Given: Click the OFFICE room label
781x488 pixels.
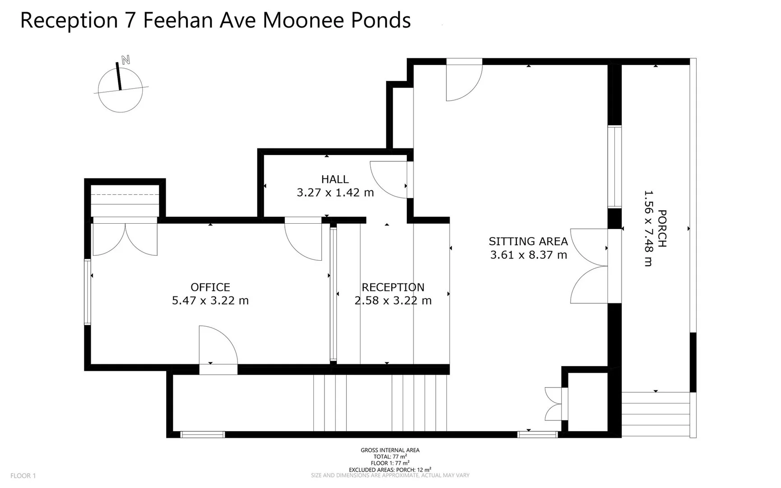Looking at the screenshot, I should pos(210,287).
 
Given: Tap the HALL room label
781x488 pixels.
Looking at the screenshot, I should pos(335,179).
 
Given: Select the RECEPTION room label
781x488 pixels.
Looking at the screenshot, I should pos(393,287).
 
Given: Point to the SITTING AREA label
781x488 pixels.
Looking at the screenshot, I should pos(528,241).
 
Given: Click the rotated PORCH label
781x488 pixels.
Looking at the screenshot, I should pos(662,229).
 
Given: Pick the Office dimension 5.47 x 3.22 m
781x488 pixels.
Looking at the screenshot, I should pos(210,300).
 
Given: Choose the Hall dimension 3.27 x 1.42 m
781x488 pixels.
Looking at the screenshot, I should pos(335,192).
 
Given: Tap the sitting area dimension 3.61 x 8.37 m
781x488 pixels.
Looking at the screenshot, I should pos(528,255).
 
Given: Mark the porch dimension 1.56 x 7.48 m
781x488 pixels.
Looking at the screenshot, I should pos(648,229).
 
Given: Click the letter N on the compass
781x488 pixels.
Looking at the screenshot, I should pos(126,60).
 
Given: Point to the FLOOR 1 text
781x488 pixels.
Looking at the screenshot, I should pos(23,476).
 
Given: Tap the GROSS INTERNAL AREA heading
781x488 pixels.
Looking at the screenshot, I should pos(390,450).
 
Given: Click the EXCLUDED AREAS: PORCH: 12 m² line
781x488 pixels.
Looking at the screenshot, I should pos(390,469).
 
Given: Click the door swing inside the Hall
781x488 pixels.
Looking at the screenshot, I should pos(388,180).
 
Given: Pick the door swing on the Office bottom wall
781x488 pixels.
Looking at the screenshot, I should pos(218,346).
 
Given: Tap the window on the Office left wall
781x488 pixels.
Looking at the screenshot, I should pos(88,292).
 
